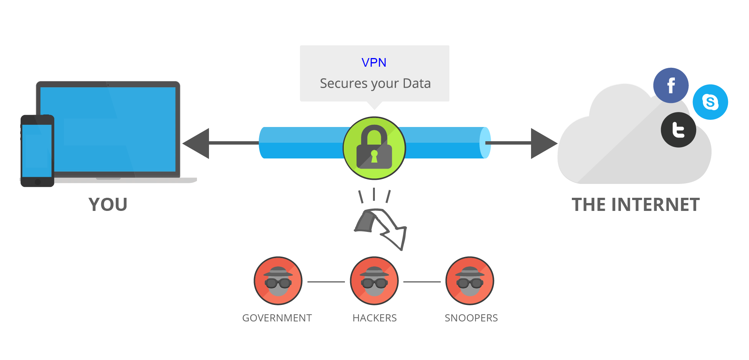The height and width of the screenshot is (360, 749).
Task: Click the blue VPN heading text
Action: (374, 63)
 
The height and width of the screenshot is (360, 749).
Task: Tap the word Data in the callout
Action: (416, 83)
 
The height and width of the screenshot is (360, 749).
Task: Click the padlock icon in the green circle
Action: (374, 148)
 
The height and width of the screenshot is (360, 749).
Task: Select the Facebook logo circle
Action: (671, 85)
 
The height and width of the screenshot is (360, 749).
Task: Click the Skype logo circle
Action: (710, 102)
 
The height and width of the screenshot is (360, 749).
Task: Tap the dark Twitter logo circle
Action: (678, 130)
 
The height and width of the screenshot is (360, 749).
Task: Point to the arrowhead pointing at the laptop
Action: (197, 143)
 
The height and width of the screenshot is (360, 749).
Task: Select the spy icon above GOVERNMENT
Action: (278, 281)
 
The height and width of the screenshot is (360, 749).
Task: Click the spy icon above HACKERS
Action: (374, 281)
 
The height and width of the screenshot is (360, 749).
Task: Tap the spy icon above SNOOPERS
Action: (470, 281)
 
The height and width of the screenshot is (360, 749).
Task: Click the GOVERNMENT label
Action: (277, 318)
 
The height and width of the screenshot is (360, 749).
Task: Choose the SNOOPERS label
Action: (471, 318)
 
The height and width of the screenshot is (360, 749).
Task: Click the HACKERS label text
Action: (374, 318)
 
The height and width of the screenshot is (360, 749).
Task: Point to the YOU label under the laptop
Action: (108, 205)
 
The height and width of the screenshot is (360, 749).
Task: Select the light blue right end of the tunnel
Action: (485, 143)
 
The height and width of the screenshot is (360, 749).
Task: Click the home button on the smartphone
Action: (37, 182)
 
